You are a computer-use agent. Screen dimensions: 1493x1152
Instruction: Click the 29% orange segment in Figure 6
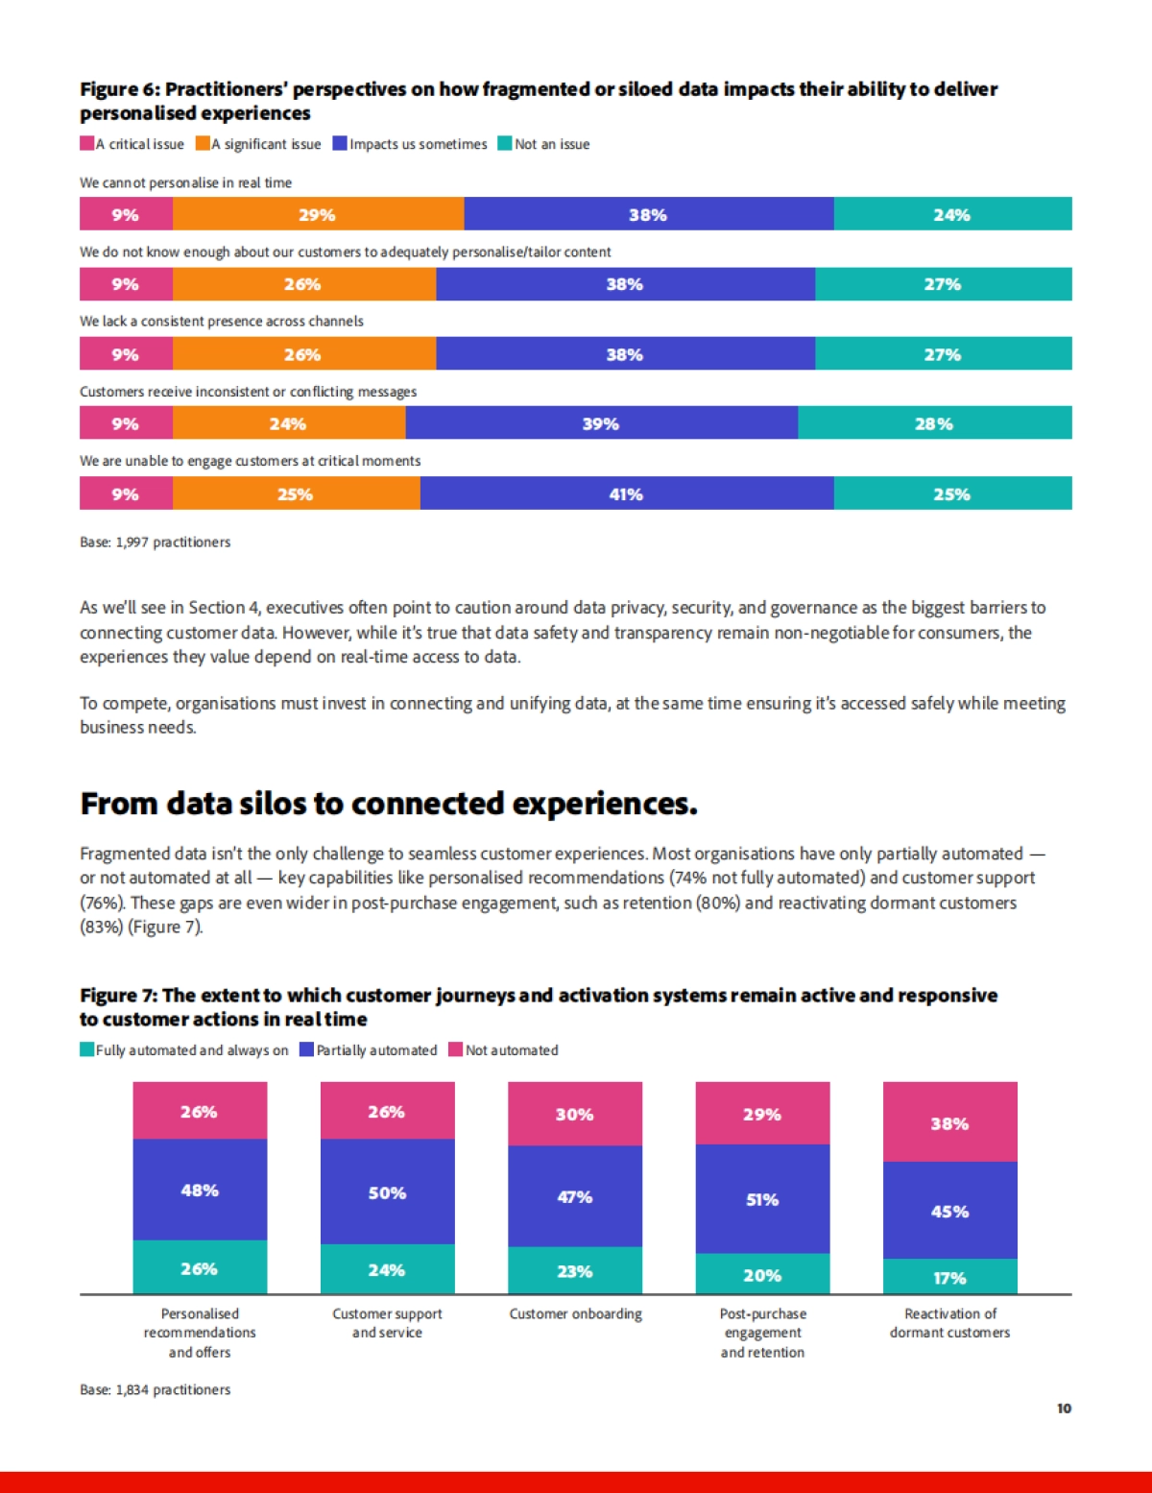(318, 214)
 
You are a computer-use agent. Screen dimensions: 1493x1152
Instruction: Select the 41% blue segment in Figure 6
(626, 494)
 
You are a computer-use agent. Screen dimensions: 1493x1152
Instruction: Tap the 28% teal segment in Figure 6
(934, 423)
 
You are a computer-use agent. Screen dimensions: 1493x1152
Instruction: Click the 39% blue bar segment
(601, 423)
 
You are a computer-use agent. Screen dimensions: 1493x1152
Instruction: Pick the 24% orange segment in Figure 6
(288, 423)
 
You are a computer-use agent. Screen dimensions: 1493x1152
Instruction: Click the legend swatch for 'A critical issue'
(86, 144)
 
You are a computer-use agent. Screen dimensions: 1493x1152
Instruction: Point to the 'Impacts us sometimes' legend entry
(410, 144)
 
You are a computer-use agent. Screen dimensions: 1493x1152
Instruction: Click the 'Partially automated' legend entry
(369, 1050)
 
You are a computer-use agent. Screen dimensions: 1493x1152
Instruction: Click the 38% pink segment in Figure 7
(949, 1122)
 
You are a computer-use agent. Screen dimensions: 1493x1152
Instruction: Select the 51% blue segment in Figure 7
(762, 1199)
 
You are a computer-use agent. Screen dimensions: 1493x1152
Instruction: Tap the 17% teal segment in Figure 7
(949, 1277)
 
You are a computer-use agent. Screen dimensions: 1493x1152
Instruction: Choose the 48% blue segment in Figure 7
(200, 1190)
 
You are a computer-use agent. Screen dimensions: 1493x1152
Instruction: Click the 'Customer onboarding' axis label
(575, 1313)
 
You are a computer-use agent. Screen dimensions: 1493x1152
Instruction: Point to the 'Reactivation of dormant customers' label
(949, 1323)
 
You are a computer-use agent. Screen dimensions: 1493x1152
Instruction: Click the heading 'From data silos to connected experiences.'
(389, 804)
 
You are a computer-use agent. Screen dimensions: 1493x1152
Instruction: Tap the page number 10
(1064, 1409)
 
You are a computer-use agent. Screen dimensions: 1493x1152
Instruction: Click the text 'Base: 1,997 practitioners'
(156, 542)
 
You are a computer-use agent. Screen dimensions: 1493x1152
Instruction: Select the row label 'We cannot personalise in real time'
(185, 182)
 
